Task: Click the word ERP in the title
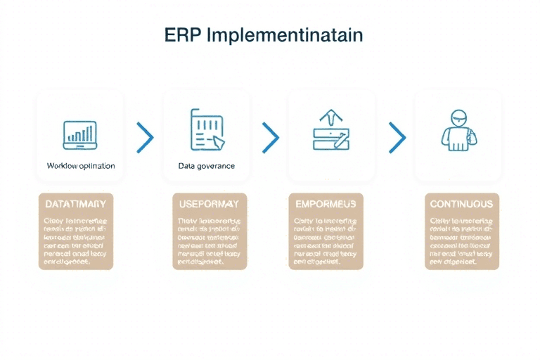point(182,35)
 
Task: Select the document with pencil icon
point(207,131)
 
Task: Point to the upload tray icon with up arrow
point(330,131)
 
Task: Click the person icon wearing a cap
point(458,129)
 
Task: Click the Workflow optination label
point(80,166)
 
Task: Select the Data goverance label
point(207,166)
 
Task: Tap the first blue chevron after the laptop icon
point(145,137)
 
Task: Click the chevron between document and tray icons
point(271,137)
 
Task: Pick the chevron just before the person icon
point(397,137)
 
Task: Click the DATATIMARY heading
point(75,203)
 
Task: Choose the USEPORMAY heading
point(210,203)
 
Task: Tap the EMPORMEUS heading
point(326,203)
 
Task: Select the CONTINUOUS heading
point(461,203)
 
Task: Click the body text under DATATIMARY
point(75,241)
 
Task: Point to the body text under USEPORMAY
point(210,241)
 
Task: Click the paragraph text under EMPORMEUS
point(326,241)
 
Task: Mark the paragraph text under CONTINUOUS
point(461,241)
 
